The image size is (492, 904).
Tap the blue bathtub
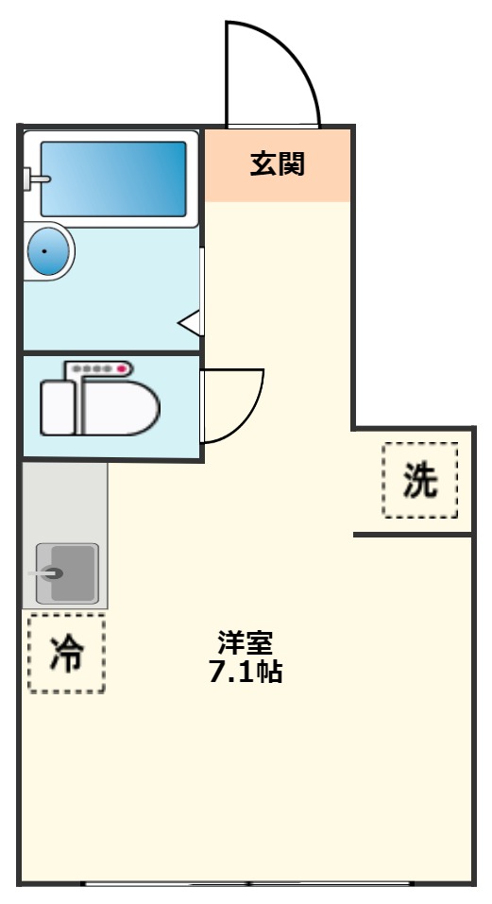pyautogui.click(x=114, y=179)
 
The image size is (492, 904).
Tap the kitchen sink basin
pyautogui.click(x=67, y=572)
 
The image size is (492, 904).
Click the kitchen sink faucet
pyautogui.click(x=47, y=572)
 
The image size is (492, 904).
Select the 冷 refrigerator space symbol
pyautogui.click(x=65, y=654)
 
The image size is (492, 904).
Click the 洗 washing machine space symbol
pyautogui.click(x=420, y=481)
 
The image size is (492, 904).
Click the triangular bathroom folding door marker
pyautogui.click(x=192, y=322)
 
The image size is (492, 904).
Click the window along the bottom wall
pyautogui.click(x=247, y=883)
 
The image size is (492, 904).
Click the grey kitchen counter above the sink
pyautogui.click(x=65, y=501)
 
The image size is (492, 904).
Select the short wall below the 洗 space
pyautogui.click(x=412, y=535)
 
